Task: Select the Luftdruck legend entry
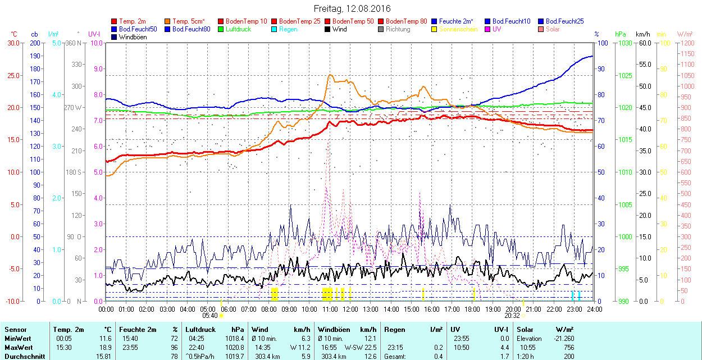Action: click(x=238, y=29)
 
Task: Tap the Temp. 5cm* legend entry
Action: click(x=188, y=21)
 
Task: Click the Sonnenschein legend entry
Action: click(x=458, y=29)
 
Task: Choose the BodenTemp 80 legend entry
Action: click(x=406, y=21)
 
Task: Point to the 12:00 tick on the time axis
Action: click(x=350, y=308)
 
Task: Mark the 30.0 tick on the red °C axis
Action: click(x=12, y=43)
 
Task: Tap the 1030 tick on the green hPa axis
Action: click(x=623, y=43)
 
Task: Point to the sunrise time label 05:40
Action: click(x=209, y=316)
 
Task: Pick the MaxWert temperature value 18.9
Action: click(x=105, y=348)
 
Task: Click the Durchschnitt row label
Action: click(x=22, y=356)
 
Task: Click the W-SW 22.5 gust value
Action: click(x=363, y=348)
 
